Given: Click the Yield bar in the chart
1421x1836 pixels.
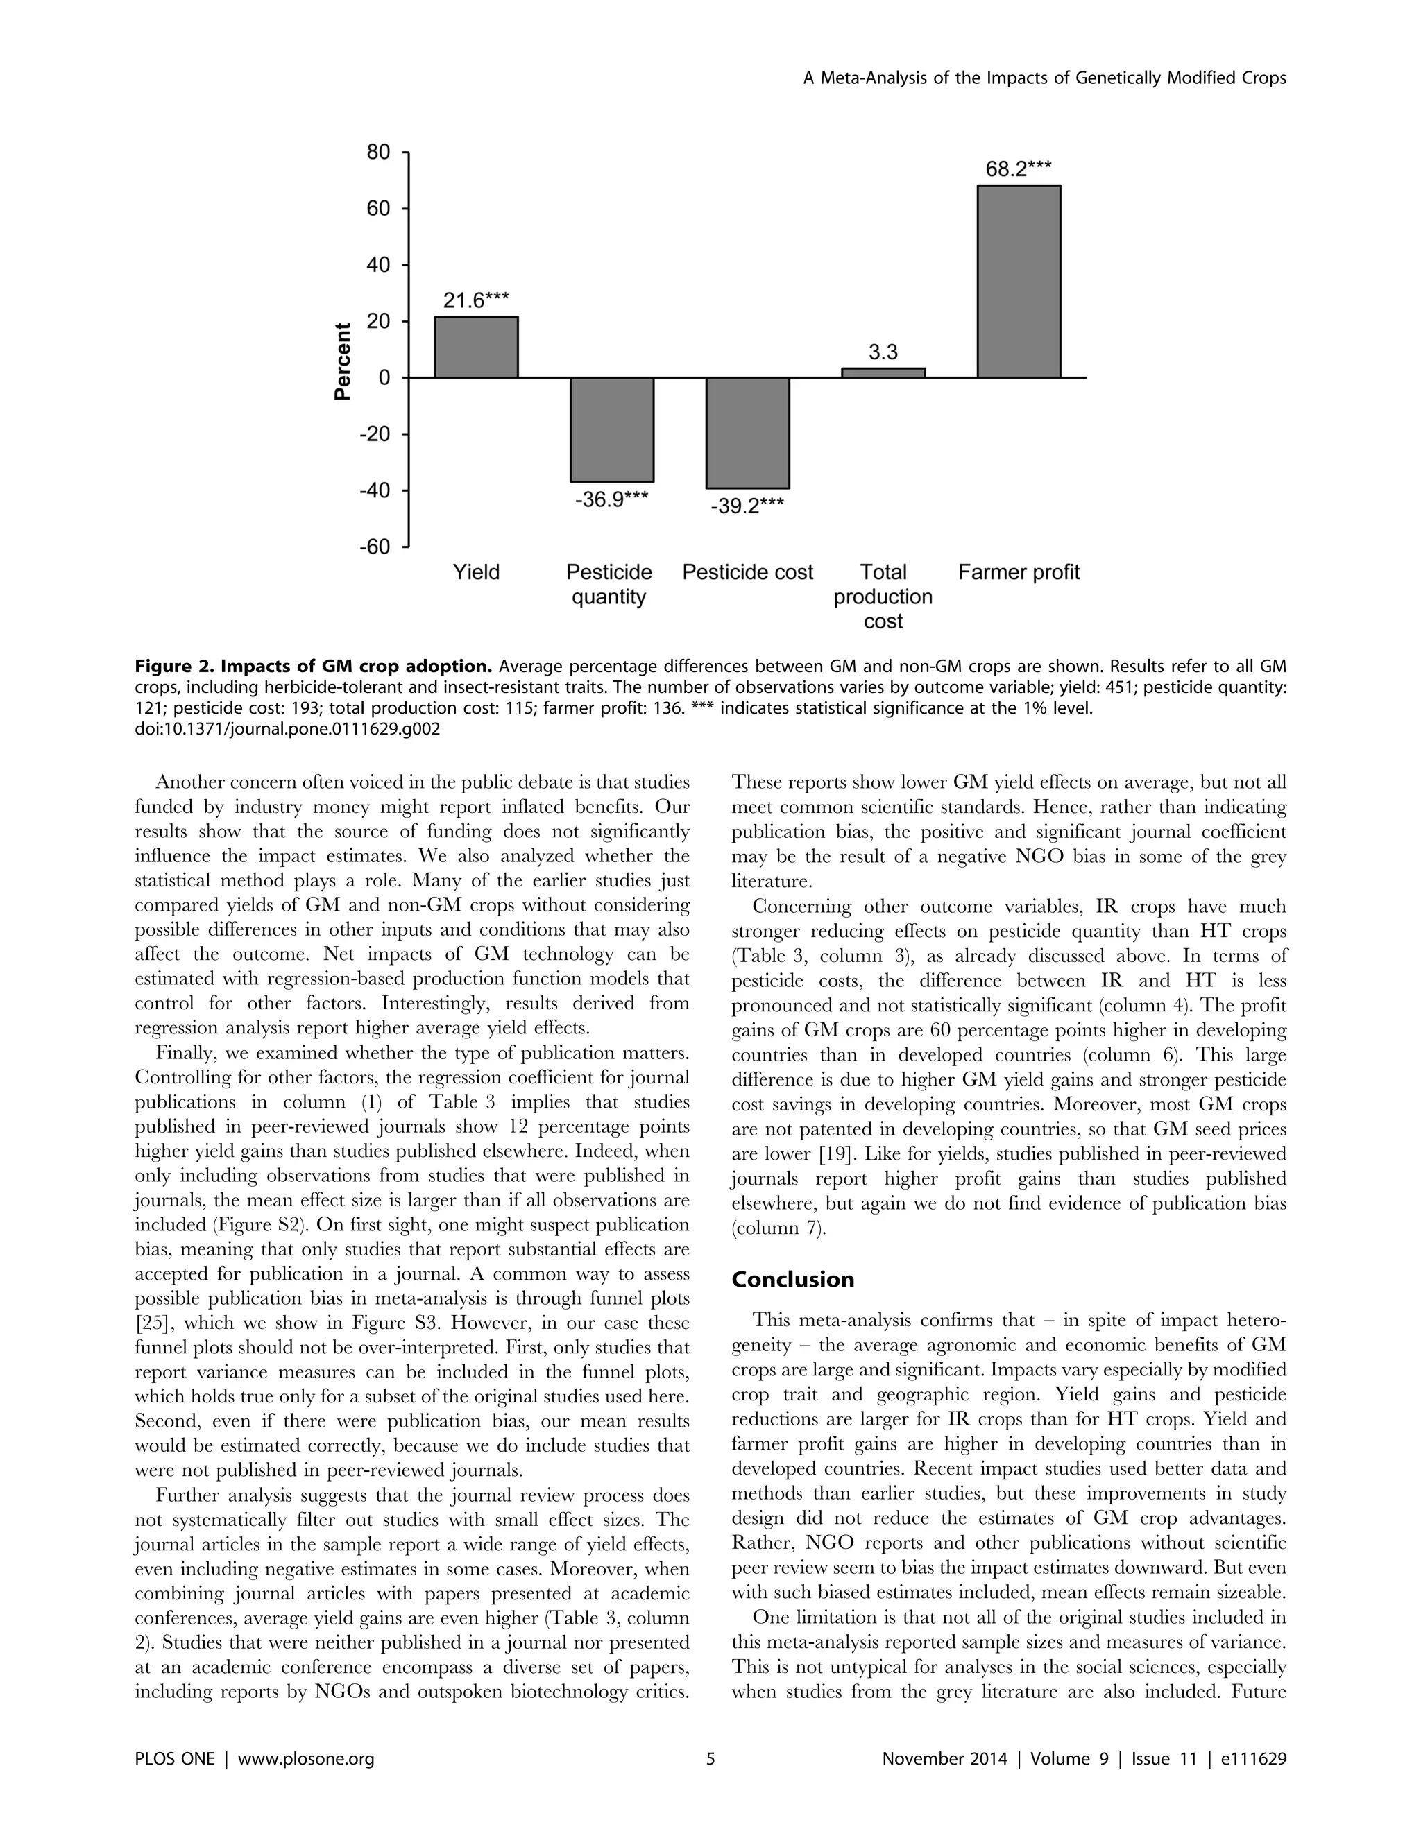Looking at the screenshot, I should coord(476,348).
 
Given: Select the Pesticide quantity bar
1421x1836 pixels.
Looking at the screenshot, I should coord(611,429).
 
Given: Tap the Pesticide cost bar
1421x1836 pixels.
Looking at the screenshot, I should coord(747,432).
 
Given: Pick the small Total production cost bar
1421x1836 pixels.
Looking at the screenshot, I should coord(883,372).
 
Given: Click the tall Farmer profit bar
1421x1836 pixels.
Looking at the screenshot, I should coord(1019,281).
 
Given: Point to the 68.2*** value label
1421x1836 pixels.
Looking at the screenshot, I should coord(1019,169).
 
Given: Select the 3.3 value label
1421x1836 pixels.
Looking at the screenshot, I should coord(883,352).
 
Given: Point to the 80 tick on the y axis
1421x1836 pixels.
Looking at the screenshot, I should coord(378,152).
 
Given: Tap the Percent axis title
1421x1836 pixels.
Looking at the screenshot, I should coord(342,361).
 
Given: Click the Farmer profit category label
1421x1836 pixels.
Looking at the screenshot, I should coord(1019,572).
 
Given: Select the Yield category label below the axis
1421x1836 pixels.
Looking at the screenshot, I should coord(476,572).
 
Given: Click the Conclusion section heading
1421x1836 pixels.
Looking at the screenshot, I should coord(792,1280).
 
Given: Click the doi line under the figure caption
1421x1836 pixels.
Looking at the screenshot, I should coord(287,729).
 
